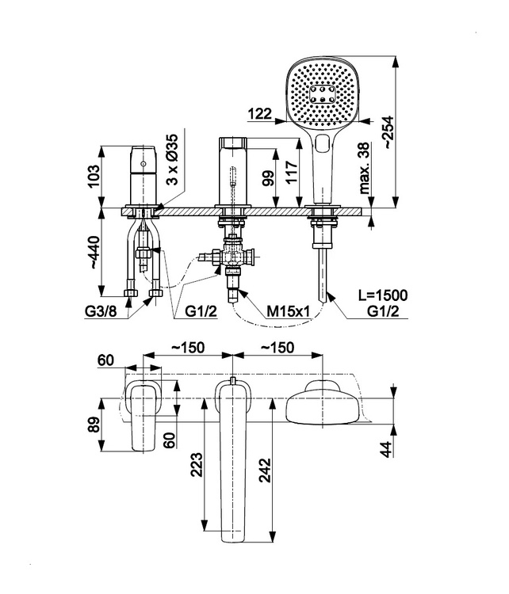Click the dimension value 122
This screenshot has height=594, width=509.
[x=260, y=113]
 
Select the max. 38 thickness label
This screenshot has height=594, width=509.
[x=364, y=168]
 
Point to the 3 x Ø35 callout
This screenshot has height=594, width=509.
[x=173, y=159]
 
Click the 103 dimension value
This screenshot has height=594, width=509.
[x=94, y=176]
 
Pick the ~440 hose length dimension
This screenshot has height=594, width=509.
[x=94, y=253]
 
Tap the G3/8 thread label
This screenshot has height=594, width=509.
[x=101, y=311]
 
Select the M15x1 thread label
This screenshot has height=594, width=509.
[x=289, y=311]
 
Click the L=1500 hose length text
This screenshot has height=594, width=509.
[x=383, y=295]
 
